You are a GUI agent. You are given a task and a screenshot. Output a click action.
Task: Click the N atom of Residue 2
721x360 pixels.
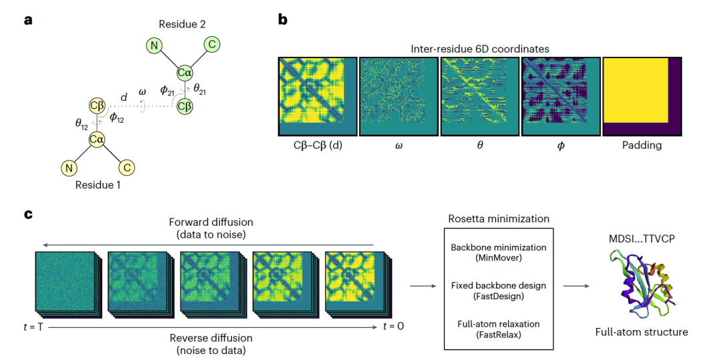point(155,46)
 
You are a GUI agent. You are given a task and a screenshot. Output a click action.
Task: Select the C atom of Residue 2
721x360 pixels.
point(212,45)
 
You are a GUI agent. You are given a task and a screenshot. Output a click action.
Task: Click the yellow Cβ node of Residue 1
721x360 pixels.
point(97,106)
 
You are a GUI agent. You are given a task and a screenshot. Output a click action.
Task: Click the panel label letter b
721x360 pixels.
point(282,20)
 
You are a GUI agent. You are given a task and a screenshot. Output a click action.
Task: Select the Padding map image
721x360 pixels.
point(643,96)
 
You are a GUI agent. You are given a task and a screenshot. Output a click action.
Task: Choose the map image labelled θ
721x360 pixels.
point(479,96)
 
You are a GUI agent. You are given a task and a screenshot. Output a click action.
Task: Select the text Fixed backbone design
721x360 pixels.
point(498,285)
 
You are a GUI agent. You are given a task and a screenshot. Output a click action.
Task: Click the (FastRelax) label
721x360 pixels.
point(498,334)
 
